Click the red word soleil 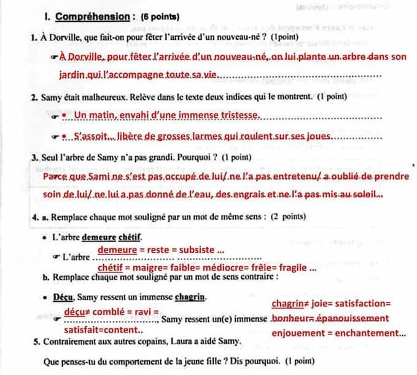pyautogui.click(x=365, y=195)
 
